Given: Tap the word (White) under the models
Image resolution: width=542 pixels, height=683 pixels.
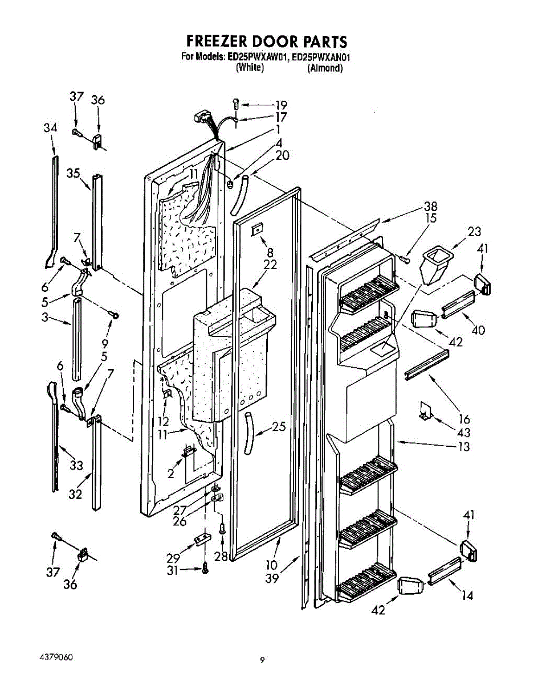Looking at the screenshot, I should (x=250, y=68).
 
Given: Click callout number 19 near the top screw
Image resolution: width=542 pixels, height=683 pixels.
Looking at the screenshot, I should (x=280, y=105).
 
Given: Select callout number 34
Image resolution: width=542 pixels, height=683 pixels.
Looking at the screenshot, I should (x=50, y=129).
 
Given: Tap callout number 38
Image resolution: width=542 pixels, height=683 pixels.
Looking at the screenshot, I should (x=430, y=207).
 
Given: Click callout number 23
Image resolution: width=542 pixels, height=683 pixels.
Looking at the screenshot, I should (x=474, y=232).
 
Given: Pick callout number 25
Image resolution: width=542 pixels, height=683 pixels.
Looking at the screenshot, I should (x=279, y=427).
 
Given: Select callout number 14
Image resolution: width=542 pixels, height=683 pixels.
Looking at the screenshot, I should (x=467, y=596).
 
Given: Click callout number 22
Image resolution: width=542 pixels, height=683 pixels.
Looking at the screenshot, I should (x=271, y=265).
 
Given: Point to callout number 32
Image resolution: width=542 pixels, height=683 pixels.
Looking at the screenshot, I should (x=76, y=495).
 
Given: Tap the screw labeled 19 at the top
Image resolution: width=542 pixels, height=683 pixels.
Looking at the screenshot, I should (x=237, y=105).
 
